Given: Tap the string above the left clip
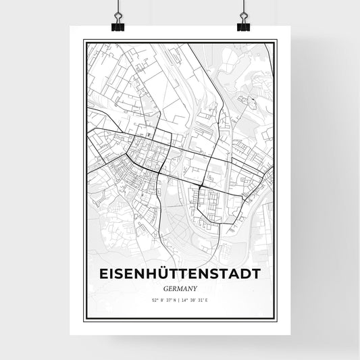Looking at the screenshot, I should [116, 7].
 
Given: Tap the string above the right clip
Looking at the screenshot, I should [243, 7].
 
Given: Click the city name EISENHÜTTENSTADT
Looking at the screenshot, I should [180, 273].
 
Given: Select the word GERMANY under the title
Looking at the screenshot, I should [180, 287].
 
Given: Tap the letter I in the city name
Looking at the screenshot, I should [111, 273].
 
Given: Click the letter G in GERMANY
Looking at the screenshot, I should [165, 287].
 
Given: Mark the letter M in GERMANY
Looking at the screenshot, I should [179, 287].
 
